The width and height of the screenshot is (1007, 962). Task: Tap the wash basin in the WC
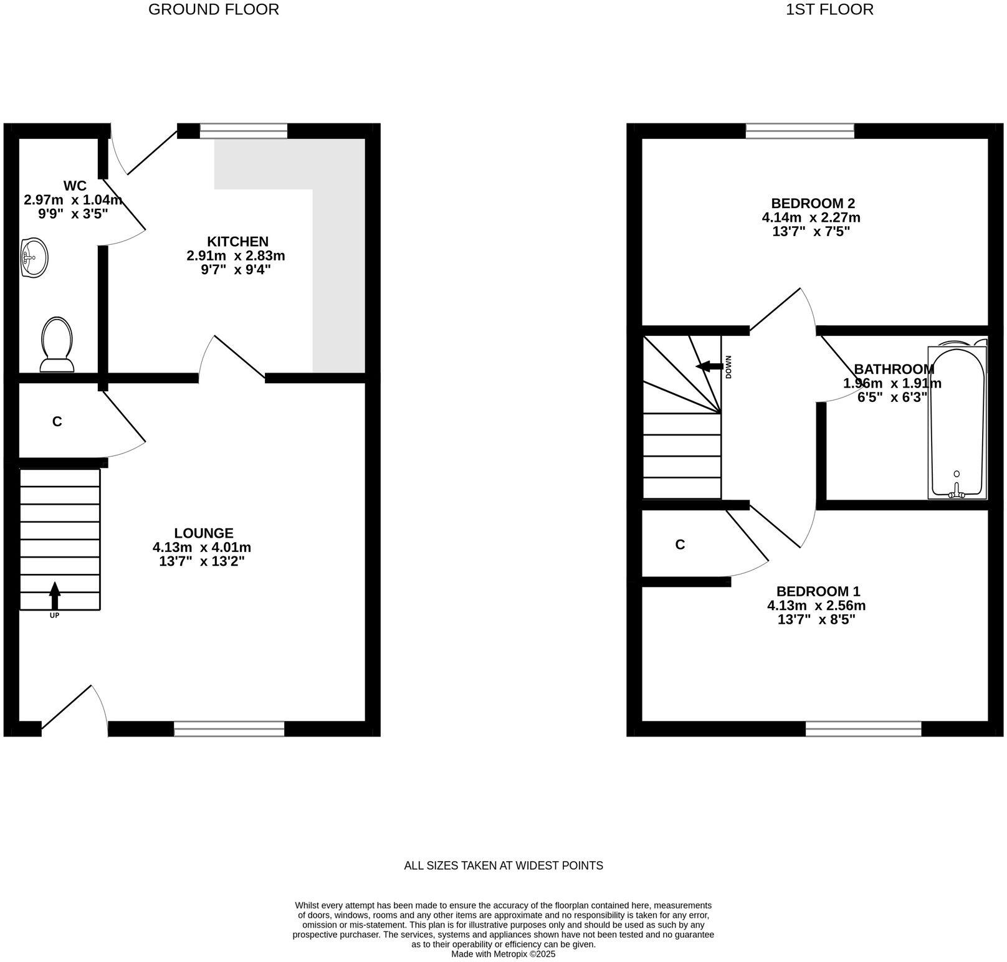click(x=34, y=256)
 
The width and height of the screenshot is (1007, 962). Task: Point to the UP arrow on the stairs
click(x=55, y=596)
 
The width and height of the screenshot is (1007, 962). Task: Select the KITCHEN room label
click(x=237, y=242)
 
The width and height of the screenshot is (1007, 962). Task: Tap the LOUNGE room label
click(x=204, y=533)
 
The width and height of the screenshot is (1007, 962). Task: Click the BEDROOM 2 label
click(x=813, y=203)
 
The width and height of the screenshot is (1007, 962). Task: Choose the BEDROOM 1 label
click(x=818, y=591)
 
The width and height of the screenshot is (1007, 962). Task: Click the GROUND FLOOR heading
click(x=213, y=9)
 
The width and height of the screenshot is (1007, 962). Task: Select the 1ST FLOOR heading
click(x=829, y=9)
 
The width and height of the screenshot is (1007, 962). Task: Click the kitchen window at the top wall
click(x=243, y=131)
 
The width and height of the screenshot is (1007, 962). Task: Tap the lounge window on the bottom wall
click(x=229, y=728)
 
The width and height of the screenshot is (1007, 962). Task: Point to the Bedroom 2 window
click(x=799, y=131)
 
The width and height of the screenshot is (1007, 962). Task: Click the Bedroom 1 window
click(x=863, y=728)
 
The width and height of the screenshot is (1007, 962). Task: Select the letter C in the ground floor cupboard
click(x=57, y=422)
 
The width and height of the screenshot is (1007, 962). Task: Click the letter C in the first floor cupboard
click(x=680, y=545)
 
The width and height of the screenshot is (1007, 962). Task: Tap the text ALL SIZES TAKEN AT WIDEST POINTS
click(x=504, y=865)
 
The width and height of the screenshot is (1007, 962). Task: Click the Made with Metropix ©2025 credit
click(x=503, y=954)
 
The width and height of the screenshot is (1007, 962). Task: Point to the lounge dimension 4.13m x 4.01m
click(x=202, y=548)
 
